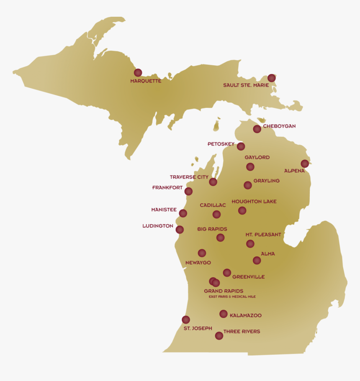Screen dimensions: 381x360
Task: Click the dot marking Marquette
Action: (x=138, y=72)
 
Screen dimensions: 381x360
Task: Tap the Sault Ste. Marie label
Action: (x=246, y=85)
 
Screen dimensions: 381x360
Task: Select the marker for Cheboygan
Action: (x=257, y=129)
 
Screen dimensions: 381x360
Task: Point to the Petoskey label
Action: (x=221, y=144)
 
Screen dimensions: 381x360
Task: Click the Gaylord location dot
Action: (x=250, y=167)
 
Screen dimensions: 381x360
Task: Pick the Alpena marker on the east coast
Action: (x=305, y=164)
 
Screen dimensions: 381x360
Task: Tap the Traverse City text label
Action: (x=189, y=177)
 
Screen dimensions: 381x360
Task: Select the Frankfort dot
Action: (x=188, y=191)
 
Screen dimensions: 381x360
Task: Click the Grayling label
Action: (x=266, y=181)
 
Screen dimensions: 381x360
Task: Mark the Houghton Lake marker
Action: (x=242, y=210)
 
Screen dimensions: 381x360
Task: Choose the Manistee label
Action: (x=164, y=210)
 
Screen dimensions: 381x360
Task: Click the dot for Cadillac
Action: (x=216, y=214)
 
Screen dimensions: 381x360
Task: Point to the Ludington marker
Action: (x=180, y=229)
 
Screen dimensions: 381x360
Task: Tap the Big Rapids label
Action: (x=212, y=229)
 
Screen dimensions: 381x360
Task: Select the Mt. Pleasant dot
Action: (x=250, y=243)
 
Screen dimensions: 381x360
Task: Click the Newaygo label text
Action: (x=198, y=263)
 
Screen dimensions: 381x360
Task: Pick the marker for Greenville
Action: (x=227, y=273)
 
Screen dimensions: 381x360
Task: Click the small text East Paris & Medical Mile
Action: (x=232, y=297)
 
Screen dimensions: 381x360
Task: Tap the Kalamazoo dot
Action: (x=224, y=314)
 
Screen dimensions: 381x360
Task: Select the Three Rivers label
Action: (x=242, y=332)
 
